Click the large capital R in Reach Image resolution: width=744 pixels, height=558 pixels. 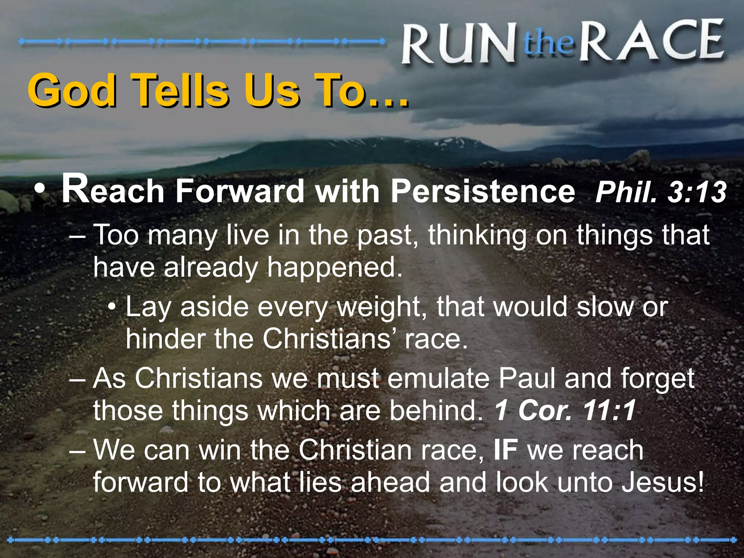point(75,189)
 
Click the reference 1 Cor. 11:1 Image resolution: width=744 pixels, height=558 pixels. point(565,411)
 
